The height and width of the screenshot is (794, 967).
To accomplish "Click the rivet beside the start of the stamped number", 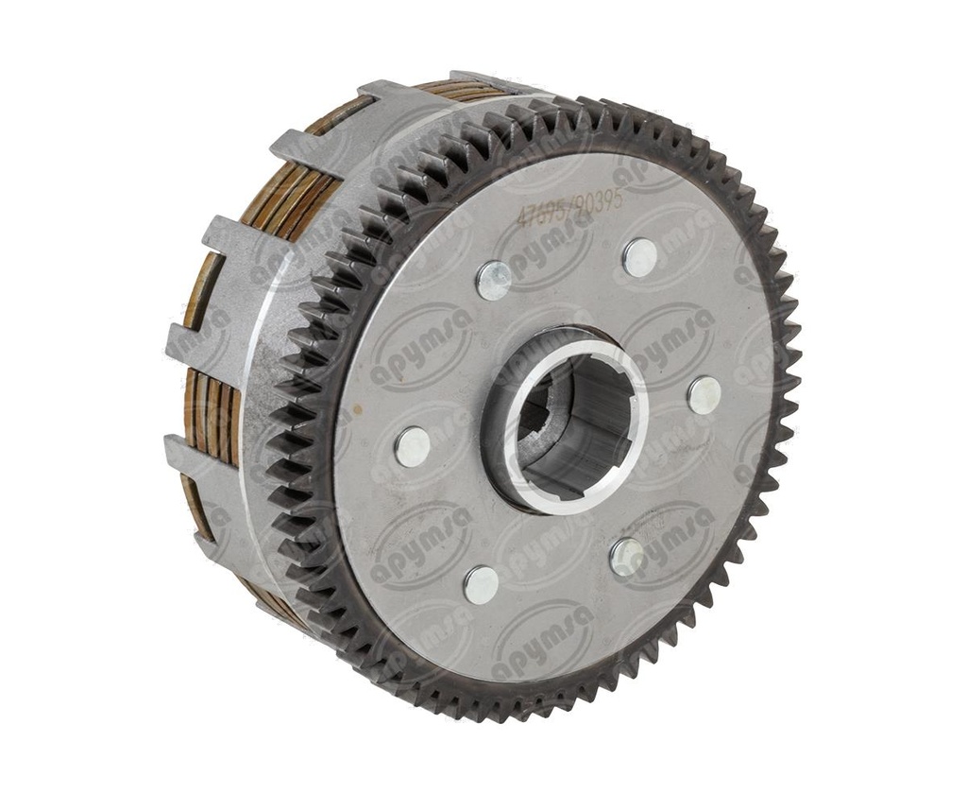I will [494, 280].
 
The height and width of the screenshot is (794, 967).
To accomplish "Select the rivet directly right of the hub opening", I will [704, 395].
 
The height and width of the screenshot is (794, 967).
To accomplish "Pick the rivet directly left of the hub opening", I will [413, 445].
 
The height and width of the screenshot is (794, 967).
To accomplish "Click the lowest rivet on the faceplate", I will [481, 584].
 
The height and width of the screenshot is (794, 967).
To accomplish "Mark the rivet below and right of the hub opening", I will [627, 557].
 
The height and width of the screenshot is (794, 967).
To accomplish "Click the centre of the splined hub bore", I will [567, 421].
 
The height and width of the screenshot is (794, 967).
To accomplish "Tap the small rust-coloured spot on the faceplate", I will [357, 413].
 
